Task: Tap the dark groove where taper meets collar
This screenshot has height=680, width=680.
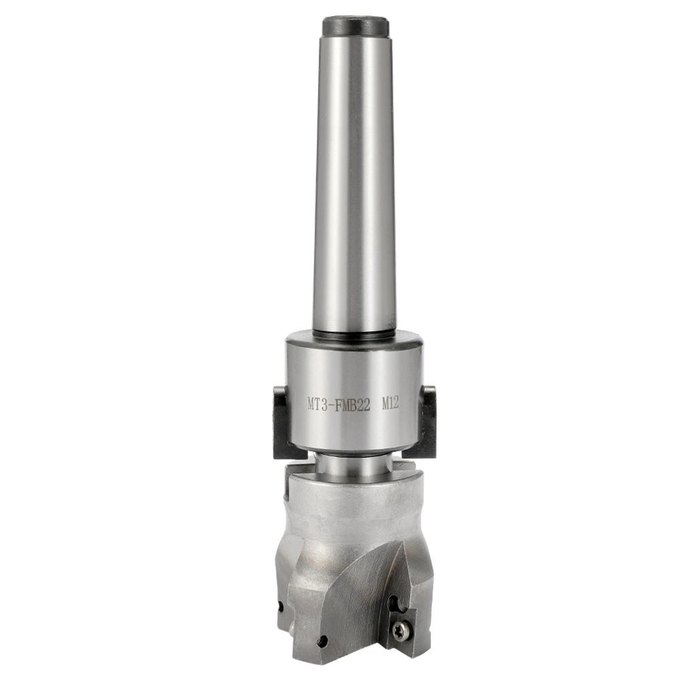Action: [354, 333]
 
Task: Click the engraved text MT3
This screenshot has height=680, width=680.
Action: [316, 404]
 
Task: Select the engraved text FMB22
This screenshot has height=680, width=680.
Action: [351, 404]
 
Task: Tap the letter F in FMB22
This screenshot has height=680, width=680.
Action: [338, 404]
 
